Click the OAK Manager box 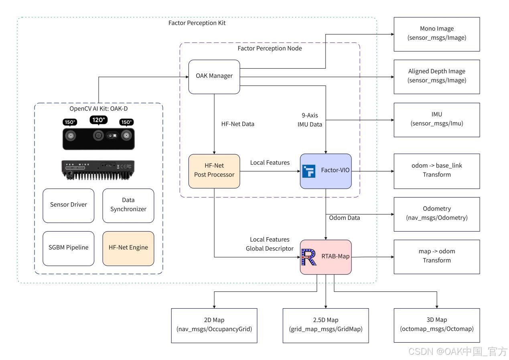click(214, 77)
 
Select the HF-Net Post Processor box click(214, 171)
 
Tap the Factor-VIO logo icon click(309, 171)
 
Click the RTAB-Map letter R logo click(309, 257)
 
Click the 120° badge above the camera click(99, 120)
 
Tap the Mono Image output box click(437, 34)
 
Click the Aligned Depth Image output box click(437, 76)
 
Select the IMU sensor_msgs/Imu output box click(437, 120)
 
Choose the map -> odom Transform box click(437, 256)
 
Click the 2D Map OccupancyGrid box click(214, 325)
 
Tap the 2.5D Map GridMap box click(325, 325)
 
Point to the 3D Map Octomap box click(437, 325)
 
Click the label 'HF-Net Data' click(237, 124)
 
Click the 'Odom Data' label click(345, 218)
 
